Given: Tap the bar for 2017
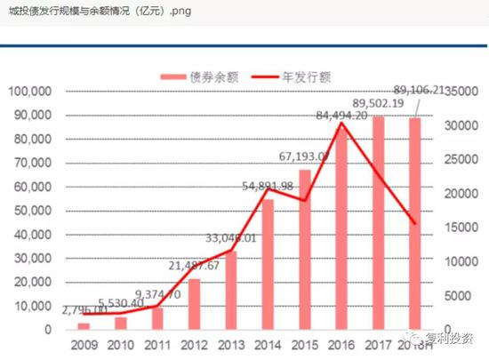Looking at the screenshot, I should tap(378, 222).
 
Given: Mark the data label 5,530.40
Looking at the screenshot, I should tap(121, 303).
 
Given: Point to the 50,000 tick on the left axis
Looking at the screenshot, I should tap(34, 211).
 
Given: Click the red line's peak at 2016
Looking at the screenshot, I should tap(341, 123).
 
